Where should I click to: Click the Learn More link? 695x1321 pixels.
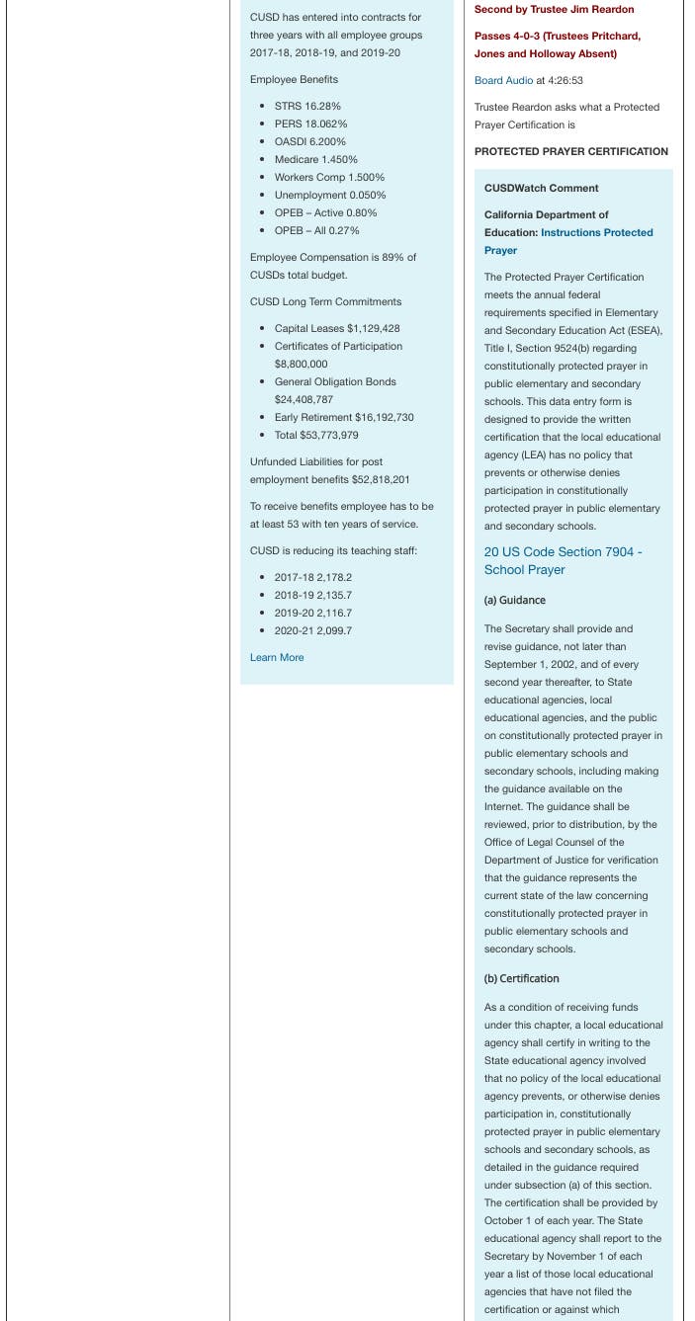(277, 657)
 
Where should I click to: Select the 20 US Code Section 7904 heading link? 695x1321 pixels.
(563, 560)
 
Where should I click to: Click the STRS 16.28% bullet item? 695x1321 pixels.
(307, 106)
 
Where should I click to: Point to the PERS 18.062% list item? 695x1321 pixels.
(310, 124)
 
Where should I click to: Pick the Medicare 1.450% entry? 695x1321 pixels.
(315, 159)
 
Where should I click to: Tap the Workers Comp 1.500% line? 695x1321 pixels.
(329, 177)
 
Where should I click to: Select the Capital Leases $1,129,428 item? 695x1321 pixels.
(337, 328)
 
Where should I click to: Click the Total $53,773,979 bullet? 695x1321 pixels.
(316, 435)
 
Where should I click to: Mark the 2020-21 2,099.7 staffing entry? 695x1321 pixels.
(312, 630)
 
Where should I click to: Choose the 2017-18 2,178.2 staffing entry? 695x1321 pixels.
(312, 577)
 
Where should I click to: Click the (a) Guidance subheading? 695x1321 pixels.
(514, 600)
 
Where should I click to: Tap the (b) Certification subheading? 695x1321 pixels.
(521, 978)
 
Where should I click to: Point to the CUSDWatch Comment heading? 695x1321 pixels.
(541, 188)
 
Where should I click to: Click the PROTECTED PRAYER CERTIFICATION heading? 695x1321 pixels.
(570, 151)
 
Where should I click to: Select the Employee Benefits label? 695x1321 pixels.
(294, 79)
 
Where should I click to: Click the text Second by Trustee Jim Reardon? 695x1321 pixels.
(554, 10)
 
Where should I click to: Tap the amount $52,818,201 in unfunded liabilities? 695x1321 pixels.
(381, 479)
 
